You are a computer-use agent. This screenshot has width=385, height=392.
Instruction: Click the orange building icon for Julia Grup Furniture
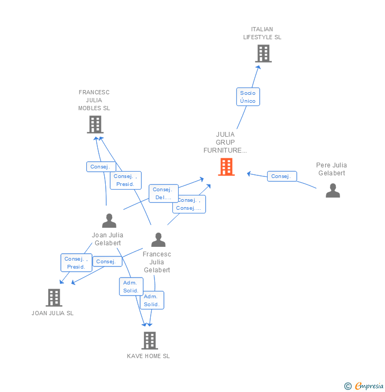click(226, 167)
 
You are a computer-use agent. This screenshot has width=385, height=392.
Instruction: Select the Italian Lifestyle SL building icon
click(263, 54)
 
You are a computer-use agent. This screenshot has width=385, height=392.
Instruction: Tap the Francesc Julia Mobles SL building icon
click(95, 124)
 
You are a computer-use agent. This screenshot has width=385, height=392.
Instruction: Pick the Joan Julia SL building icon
click(53, 298)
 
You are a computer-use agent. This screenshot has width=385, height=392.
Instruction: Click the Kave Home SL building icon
click(150, 341)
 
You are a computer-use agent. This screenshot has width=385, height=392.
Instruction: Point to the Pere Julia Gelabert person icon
click(333, 190)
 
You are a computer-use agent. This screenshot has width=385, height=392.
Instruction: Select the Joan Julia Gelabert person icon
click(109, 220)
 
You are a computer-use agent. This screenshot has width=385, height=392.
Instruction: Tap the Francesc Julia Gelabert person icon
click(158, 240)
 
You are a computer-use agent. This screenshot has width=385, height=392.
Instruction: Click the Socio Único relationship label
click(247, 97)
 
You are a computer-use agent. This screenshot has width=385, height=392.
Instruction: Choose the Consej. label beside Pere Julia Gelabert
click(281, 176)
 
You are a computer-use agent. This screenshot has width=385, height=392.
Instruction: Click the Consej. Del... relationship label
click(163, 193)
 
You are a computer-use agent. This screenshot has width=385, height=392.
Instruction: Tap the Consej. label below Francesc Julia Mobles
click(100, 167)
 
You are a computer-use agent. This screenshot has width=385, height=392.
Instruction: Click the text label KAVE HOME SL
click(149, 357)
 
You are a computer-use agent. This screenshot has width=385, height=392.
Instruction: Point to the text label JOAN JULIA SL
click(53, 313)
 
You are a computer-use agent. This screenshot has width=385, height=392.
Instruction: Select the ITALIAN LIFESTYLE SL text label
click(262, 33)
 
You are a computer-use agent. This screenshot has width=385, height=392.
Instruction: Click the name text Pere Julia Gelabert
click(332, 169)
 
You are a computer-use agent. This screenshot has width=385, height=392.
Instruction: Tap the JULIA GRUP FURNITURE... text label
click(225, 142)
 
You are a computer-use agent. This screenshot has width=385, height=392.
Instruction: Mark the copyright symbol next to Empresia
click(348, 386)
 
